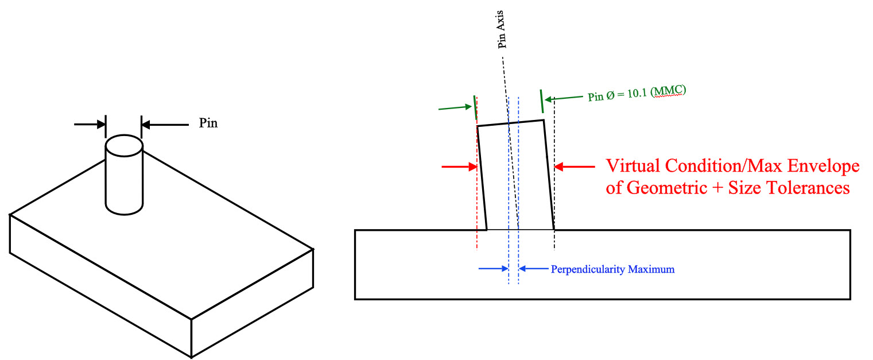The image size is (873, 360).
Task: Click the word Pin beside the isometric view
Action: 208,123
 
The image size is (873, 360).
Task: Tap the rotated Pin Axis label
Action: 501,29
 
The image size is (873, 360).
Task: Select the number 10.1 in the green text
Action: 637,94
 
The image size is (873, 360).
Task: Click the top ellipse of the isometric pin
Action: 125,145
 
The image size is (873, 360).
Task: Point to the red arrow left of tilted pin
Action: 460,167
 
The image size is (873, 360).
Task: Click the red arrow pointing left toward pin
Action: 574,167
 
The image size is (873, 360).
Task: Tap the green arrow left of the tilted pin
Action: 455,107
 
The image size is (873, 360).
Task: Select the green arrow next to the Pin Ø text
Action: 564,98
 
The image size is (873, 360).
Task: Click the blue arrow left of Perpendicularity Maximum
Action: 494,268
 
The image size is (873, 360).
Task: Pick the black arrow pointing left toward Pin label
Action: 165,125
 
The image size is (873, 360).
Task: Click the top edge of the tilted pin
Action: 511,123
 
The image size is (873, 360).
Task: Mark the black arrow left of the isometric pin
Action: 90,125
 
